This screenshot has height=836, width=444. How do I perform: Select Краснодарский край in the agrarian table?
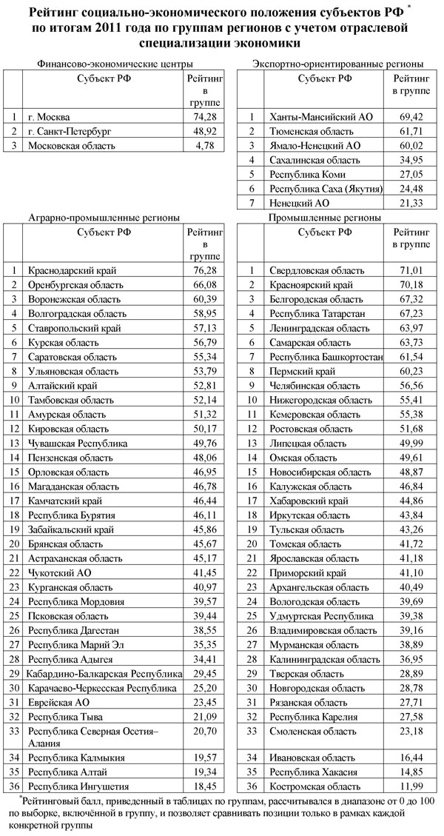coord(72,271)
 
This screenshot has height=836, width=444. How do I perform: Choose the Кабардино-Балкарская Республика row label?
coord(104,674)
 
